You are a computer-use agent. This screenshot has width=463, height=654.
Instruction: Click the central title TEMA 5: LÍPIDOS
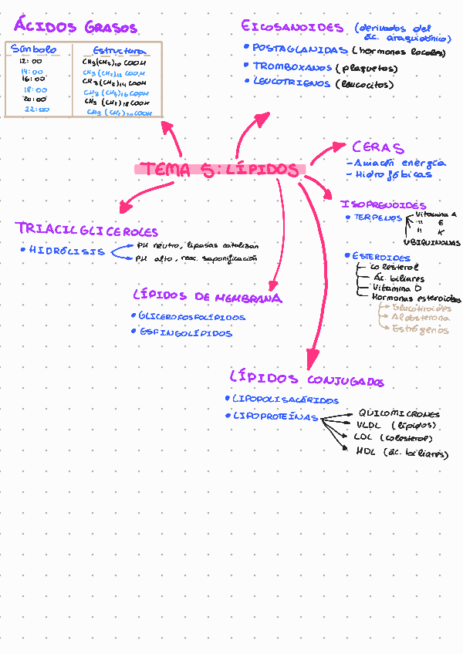point(221,169)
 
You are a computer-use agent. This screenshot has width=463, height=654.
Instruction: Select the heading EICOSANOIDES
point(292,27)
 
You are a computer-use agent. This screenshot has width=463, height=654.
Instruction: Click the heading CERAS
point(377,147)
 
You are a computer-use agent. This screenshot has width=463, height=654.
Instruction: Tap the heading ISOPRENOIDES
point(383,204)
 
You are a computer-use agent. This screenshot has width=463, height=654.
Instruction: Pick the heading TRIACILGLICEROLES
point(86,230)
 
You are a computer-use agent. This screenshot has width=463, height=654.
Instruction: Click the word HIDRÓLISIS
point(66,251)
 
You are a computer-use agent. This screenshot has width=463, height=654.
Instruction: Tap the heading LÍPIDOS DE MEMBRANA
point(207,297)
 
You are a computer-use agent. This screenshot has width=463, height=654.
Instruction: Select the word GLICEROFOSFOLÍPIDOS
point(192,316)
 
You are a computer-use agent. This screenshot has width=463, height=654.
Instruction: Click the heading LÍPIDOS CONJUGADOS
point(306,379)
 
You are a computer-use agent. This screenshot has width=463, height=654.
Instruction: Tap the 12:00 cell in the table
point(31,61)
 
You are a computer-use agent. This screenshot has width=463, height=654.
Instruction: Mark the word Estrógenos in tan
point(420,329)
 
